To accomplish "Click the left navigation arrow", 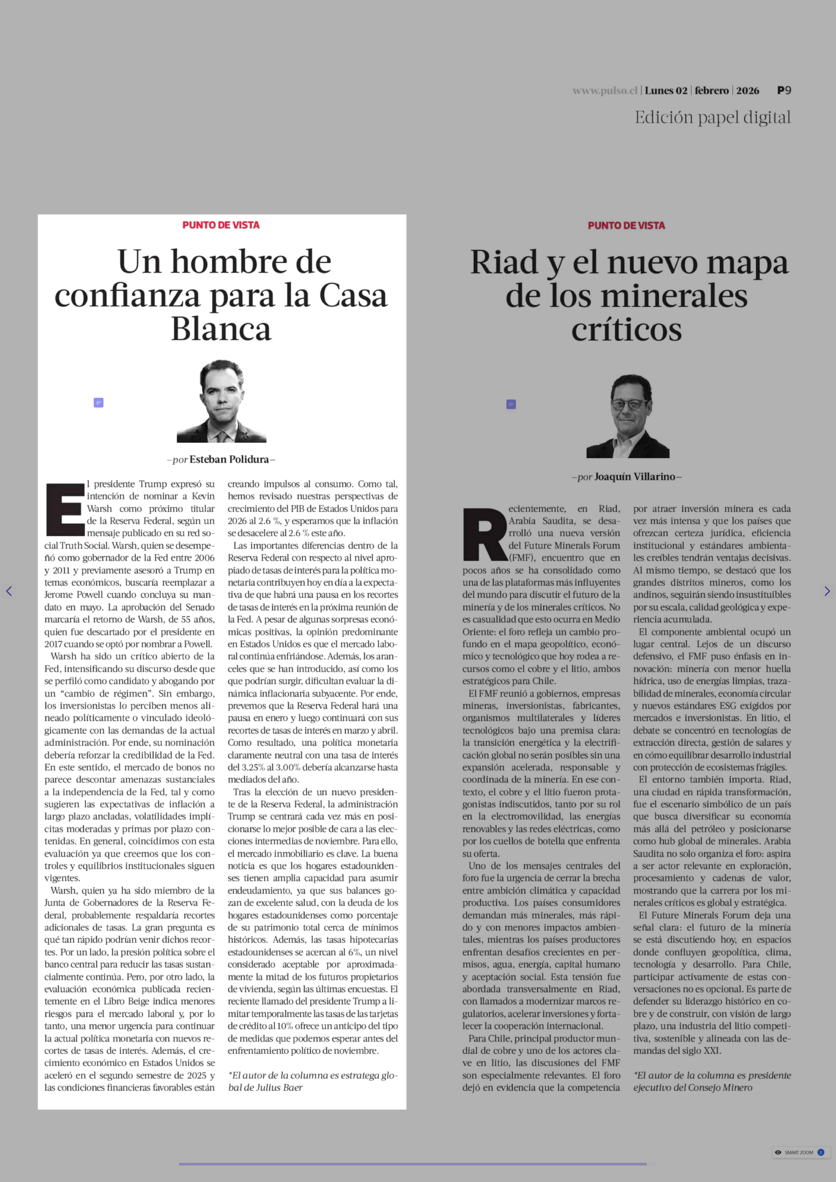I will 9,591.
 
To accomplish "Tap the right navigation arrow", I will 827,591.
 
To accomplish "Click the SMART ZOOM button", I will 799,1152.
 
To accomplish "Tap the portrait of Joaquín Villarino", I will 627,416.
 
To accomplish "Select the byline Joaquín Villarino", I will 634,477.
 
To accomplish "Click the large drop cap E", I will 65,509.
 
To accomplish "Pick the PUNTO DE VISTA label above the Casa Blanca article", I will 221,225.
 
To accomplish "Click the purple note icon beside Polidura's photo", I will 98,403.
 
